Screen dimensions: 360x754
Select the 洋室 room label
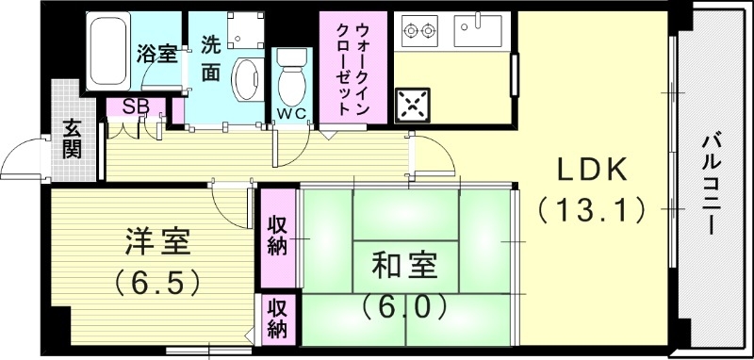click(157, 241)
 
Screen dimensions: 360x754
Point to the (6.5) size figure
click(157, 280)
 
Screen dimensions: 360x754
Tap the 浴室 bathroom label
click(156, 54)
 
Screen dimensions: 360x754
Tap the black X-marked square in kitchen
click(413, 105)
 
